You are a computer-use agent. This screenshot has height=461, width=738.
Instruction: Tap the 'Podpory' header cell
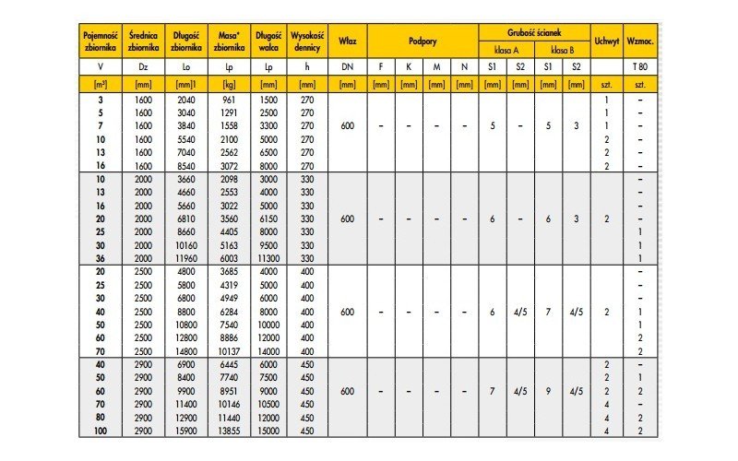(422, 41)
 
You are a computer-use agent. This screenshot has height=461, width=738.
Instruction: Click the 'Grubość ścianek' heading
(534, 31)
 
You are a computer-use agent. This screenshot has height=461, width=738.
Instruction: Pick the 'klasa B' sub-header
(563, 50)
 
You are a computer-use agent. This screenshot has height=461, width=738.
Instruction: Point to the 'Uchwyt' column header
(606, 41)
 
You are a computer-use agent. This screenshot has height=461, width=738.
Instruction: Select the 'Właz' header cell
(347, 41)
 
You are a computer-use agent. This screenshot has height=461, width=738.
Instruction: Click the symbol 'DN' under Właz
(347, 68)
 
